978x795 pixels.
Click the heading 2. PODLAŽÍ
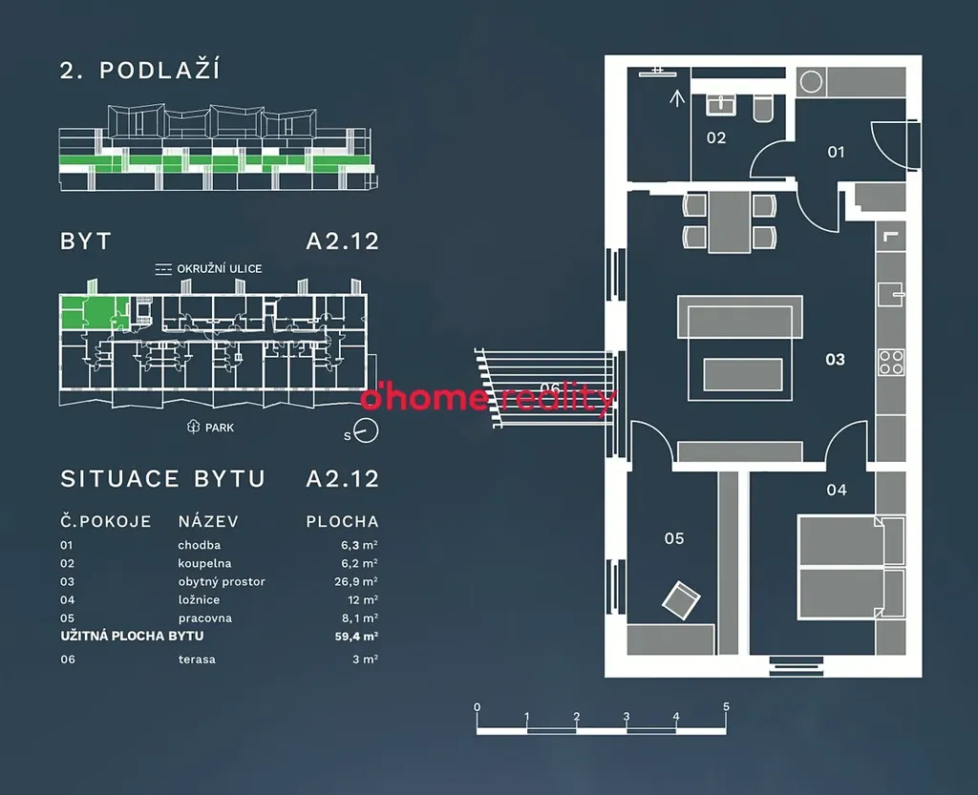140,71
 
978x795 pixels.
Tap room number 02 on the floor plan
716,137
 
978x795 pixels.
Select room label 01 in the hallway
836,152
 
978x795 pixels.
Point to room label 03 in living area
835,360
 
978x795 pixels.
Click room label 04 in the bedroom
837,491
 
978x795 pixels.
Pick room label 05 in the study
674,538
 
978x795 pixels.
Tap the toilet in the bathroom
764,108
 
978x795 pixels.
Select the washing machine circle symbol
812,82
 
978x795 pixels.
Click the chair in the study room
682,598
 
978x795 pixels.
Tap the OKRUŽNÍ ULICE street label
219,269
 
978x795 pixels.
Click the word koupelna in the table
203,563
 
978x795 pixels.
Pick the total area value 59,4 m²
358,636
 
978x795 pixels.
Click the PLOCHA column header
342,522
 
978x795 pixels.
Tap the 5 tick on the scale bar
726,708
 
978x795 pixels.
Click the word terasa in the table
197,659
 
